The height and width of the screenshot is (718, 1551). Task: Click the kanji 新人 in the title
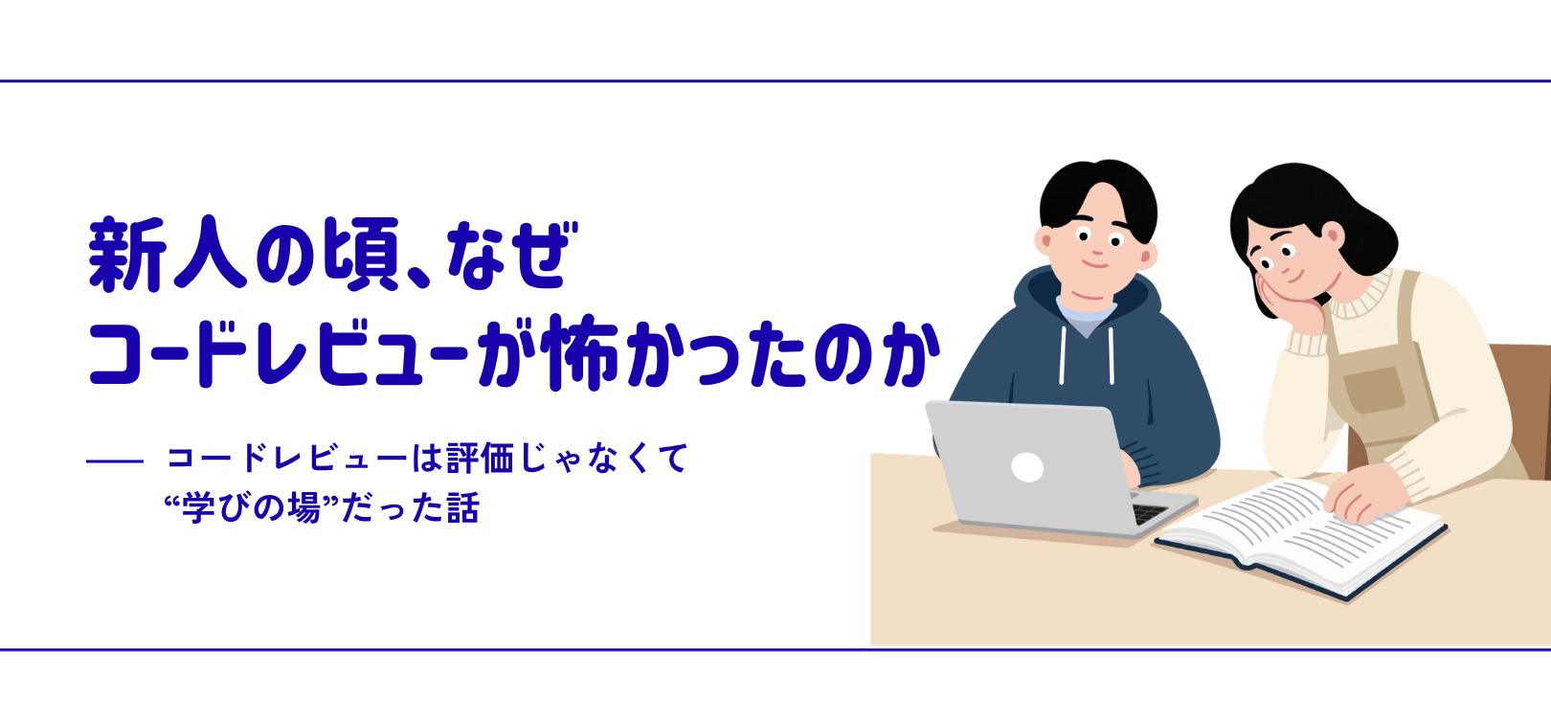point(168,255)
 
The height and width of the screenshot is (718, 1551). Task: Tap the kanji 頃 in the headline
point(361,255)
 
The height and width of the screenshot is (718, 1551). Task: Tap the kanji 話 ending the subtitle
point(461,507)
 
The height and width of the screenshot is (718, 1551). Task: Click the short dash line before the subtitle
point(115,461)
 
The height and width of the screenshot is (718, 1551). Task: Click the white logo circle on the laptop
point(1027,467)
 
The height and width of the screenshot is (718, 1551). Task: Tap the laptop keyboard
point(1149,513)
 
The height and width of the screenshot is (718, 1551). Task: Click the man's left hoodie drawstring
point(1063,354)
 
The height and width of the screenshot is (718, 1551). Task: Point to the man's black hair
point(1097,187)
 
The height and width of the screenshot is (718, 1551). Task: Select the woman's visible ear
point(1332,236)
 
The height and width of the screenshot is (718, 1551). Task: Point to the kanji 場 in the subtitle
point(303,507)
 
